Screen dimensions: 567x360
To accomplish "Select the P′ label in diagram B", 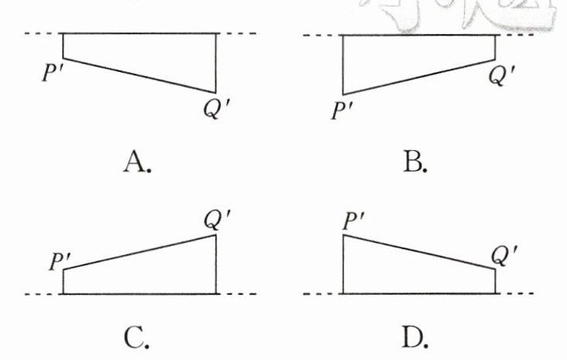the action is (342, 111).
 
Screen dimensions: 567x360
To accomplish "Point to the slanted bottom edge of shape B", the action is (419, 77).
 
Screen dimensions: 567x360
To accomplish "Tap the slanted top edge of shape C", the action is (139, 252).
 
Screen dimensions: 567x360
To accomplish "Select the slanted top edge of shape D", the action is (419, 252).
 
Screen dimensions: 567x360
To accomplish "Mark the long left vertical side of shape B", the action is (343, 65).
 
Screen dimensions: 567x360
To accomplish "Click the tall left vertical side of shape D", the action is (343, 264).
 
